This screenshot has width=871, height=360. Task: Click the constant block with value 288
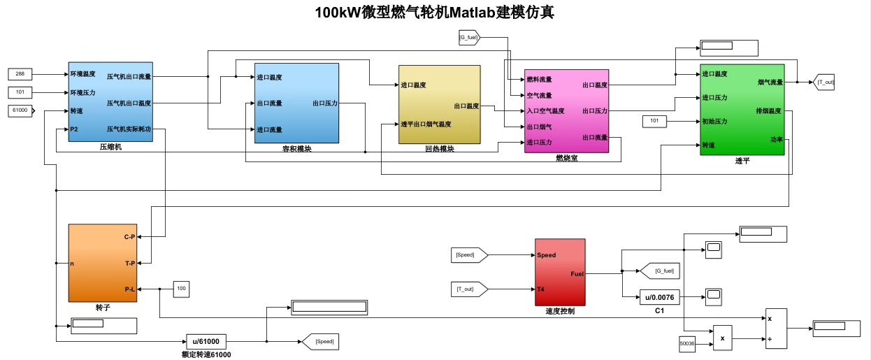coord(21,73)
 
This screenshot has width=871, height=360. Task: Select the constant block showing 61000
coord(20,110)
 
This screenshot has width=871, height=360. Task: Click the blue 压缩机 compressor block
coord(110,101)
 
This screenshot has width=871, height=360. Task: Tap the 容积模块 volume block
coord(296,103)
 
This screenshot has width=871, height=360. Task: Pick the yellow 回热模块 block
coord(439,104)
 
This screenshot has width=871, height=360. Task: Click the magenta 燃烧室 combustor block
coord(566,110)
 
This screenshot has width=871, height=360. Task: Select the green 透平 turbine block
coord(742,110)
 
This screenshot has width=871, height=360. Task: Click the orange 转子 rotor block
coord(102,263)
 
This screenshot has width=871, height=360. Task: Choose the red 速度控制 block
coord(560,272)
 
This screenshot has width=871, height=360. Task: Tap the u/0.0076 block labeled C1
coord(660,297)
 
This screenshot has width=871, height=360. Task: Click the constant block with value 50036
coord(688,343)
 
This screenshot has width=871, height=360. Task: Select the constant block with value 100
coord(182,288)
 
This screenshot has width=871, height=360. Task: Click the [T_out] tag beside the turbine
coord(825,82)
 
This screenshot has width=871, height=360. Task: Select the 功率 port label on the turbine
coord(777,139)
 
